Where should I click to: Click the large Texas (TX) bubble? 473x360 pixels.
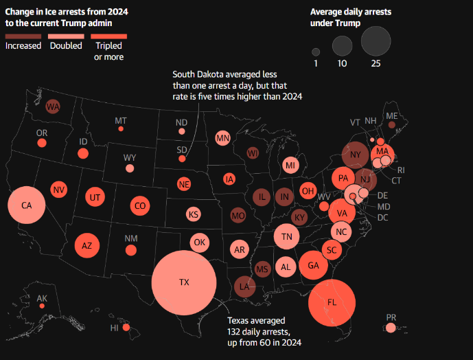pyautogui.click(x=183, y=282)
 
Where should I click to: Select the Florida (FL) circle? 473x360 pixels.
pyautogui.click(x=332, y=302)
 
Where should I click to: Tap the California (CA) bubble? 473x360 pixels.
pyautogui.click(x=27, y=205)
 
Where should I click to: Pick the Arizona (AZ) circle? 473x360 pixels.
pyautogui.click(x=87, y=245)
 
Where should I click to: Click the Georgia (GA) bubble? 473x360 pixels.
pyautogui.click(x=313, y=266)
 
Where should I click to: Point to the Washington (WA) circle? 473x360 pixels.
pyautogui.click(x=53, y=106)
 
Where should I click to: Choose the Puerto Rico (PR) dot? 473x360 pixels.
pyautogui.click(x=391, y=328)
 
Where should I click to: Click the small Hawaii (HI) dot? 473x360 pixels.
pyautogui.click(x=125, y=328)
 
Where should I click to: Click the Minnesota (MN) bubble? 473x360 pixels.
pyautogui.click(x=222, y=138)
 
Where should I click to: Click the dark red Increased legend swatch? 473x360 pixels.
pyautogui.click(x=22, y=35)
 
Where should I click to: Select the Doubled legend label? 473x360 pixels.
pyautogui.click(x=66, y=46)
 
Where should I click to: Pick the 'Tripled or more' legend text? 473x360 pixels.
pyautogui.click(x=108, y=51)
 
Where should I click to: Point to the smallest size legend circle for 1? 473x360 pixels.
pyautogui.click(x=316, y=52)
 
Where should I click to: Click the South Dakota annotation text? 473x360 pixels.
pyautogui.click(x=237, y=85)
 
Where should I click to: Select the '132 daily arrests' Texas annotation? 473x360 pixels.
pyautogui.click(x=264, y=331)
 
